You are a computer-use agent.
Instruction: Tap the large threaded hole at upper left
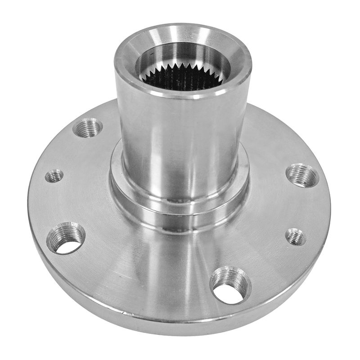tap(87, 127)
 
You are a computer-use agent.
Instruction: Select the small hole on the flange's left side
tap(54, 175)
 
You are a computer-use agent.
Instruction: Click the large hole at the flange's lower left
tap(67, 237)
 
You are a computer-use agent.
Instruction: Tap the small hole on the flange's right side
tap(296, 236)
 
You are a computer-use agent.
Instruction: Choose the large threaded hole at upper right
tap(302, 175)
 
